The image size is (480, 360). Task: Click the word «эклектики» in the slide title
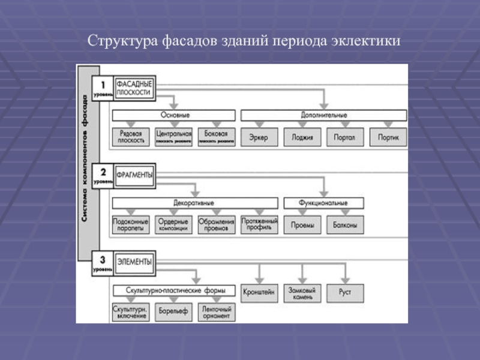(364, 42)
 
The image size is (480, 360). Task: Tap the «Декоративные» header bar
(195, 203)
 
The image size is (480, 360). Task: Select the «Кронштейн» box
(259, 293)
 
